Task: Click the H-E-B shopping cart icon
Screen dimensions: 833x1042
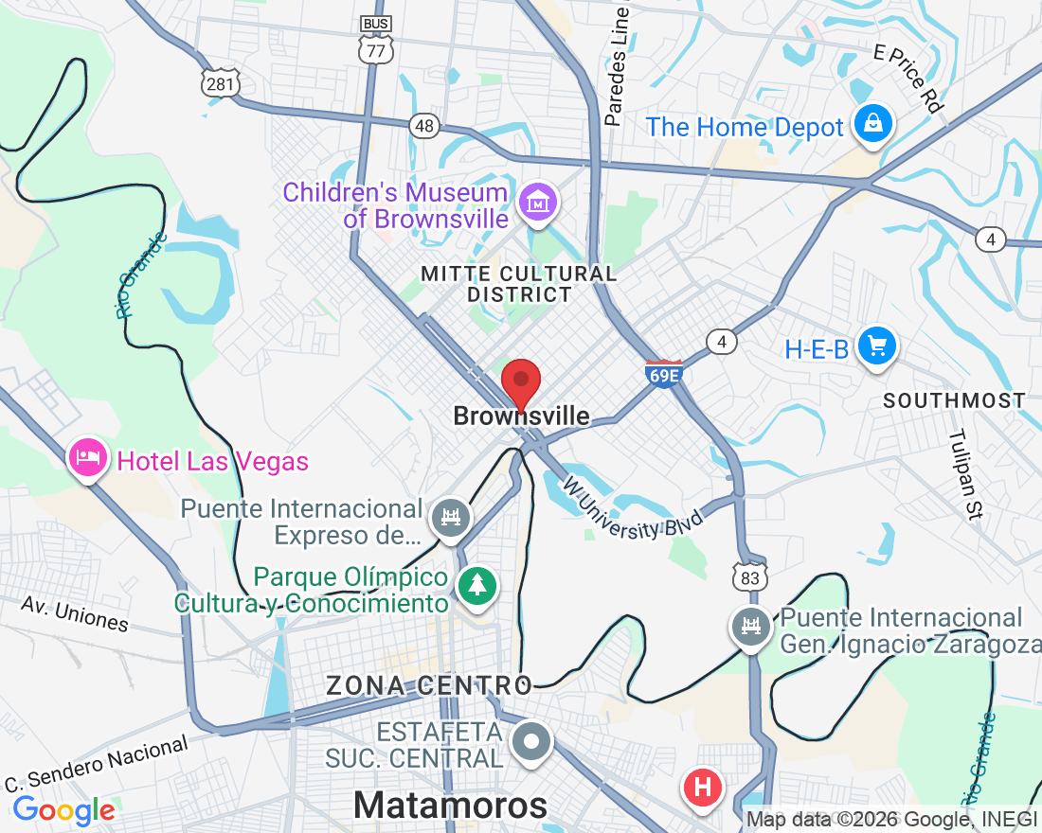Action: [x=877, y=346]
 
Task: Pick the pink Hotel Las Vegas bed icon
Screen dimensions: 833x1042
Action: [x=88, y=459]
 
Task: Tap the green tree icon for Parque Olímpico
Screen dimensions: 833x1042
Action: [x=477, y=584]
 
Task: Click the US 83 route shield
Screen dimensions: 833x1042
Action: [x=751, y=576]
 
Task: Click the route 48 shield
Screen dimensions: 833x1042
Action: [x=424, y=125]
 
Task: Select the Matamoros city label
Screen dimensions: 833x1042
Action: [x=450, y=806]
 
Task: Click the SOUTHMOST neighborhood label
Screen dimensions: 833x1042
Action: [x=954, y=400]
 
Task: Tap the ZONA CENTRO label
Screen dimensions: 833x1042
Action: [x=429, y=685]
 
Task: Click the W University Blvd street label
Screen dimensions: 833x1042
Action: [x=634, y=509]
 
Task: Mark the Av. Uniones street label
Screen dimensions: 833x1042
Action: [x=75, y=613]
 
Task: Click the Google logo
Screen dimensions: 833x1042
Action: [x=63, y=810]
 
